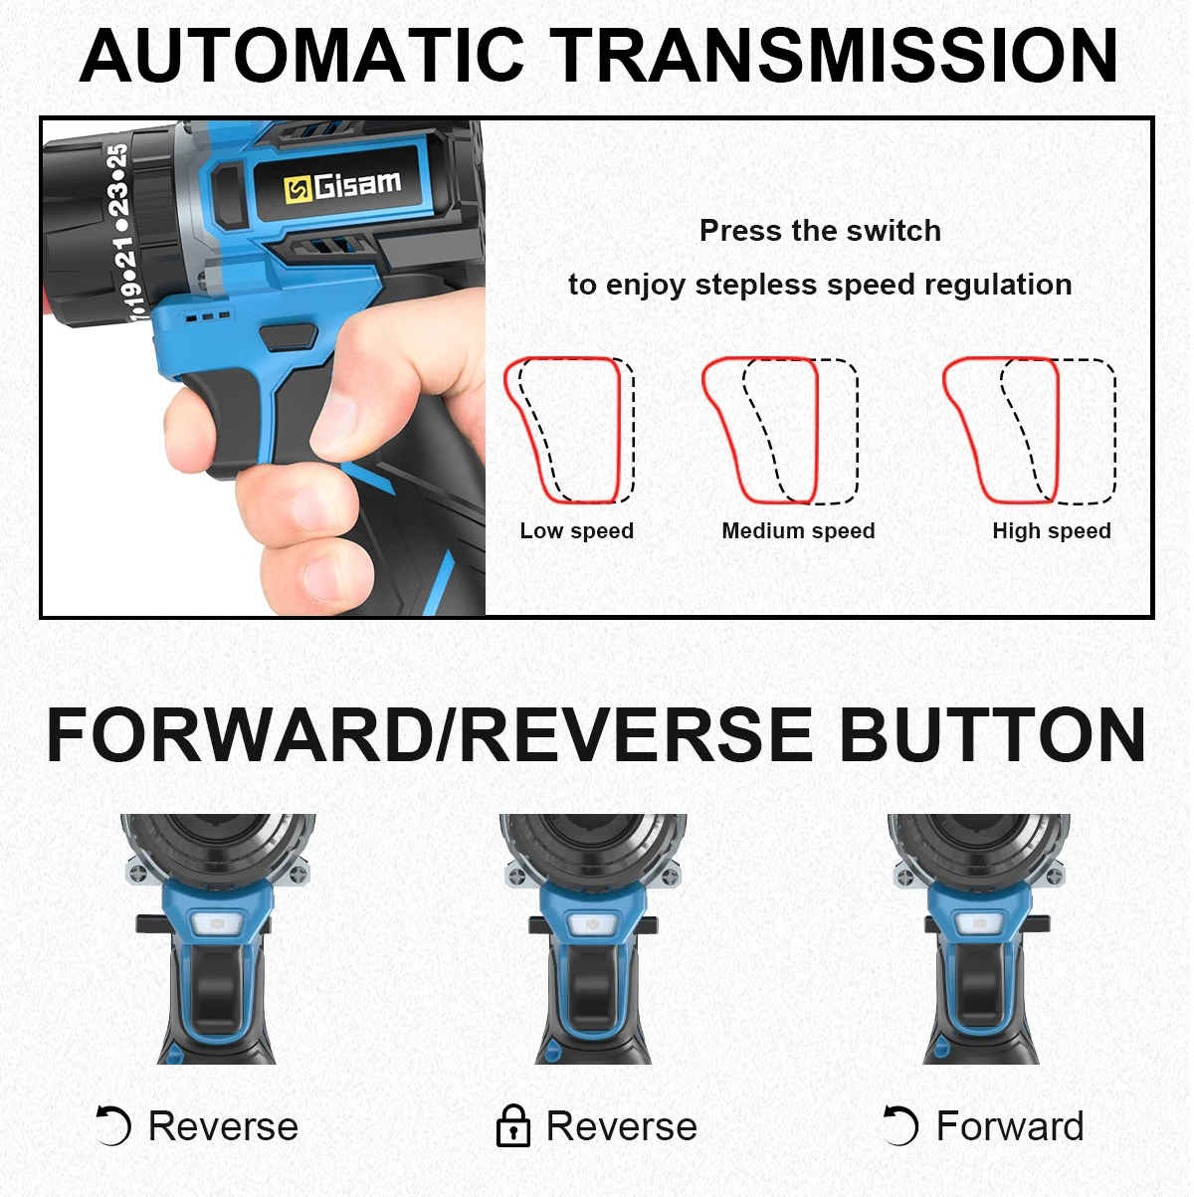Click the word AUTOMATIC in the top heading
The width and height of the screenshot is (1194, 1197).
point(301,56)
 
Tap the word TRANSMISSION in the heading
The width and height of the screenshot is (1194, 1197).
point(836,56)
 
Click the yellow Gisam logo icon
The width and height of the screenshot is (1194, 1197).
point(297,189)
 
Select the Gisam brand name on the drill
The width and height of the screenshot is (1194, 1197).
point(357,184)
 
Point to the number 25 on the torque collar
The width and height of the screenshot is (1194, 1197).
point(117,156)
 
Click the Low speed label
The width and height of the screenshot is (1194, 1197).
point(576,530)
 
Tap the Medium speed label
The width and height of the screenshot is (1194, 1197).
point(798,530)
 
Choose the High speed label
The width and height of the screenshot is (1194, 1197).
point(1051,530)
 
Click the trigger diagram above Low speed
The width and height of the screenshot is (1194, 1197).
point(569,430)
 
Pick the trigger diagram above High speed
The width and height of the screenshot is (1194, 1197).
point(1029,430)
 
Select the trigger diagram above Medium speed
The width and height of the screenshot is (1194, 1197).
point(780,430)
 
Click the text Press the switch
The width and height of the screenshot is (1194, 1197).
point(820,231)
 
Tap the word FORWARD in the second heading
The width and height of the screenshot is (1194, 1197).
point(240,734)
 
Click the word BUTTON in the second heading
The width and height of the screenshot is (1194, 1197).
point(992,734)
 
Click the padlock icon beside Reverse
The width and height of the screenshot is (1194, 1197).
point(513,1125)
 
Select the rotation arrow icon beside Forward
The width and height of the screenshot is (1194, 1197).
point(900,1125)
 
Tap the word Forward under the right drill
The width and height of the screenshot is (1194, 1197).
point(1010,1125)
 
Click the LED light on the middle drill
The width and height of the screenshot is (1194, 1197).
point(592,924)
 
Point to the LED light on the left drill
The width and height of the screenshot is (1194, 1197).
point(217,924)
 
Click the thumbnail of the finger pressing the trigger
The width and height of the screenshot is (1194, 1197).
point(264,367)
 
